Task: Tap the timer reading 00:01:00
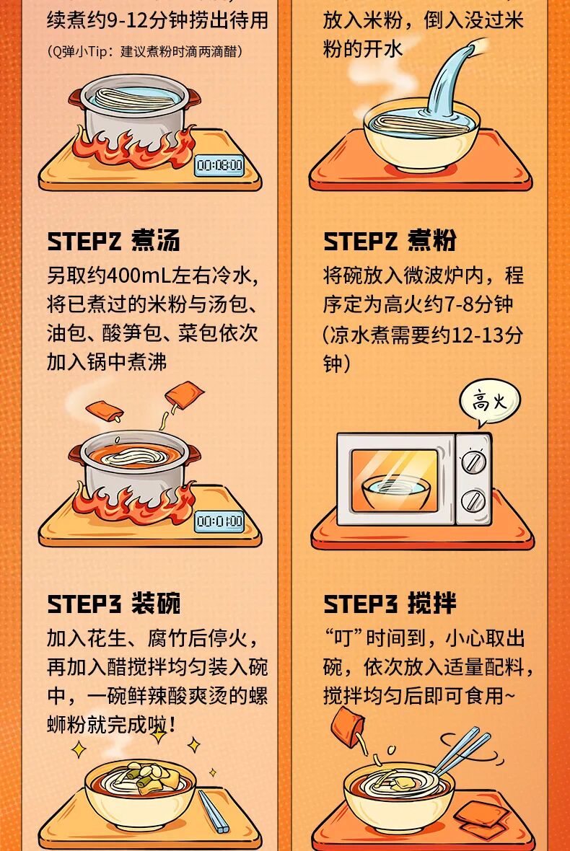220,521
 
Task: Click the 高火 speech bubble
489,402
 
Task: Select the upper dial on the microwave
473,462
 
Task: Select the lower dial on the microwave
473,500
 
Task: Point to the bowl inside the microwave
396,490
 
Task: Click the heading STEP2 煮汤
113,241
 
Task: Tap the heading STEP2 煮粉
390,241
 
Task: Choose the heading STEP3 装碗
113,604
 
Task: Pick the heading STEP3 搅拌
390,604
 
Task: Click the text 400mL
139,275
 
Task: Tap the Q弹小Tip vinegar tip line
145,51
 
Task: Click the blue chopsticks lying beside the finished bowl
213,811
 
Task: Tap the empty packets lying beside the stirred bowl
481,819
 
